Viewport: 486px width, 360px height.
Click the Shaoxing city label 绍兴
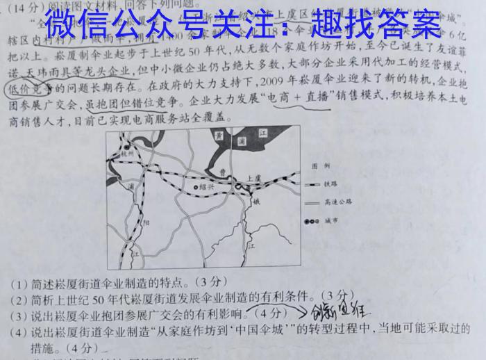(x=206, y=188)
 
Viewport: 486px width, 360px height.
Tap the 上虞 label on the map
(x=253, y=179)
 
